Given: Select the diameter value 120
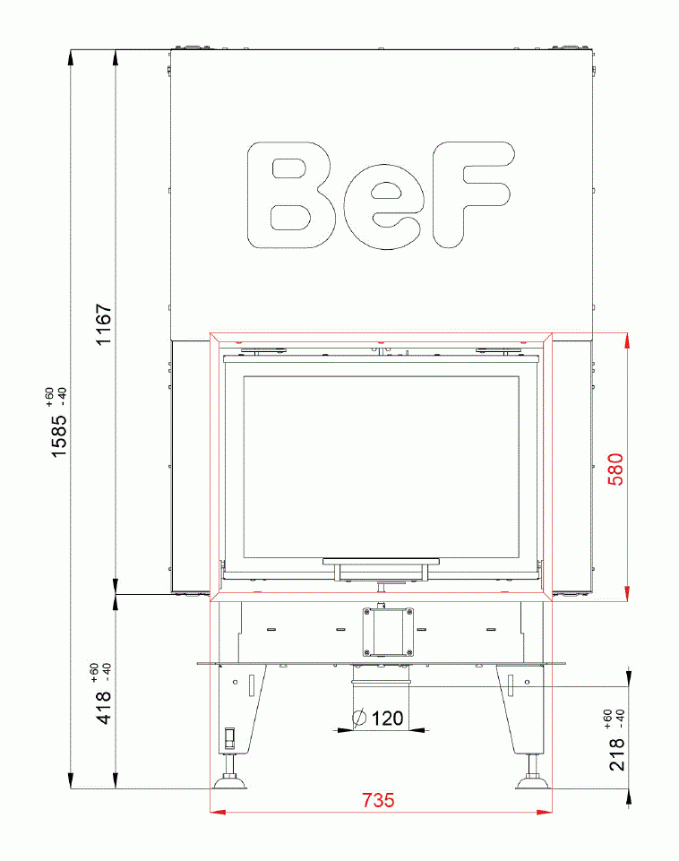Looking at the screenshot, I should (387, 718).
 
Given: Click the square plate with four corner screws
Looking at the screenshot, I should (387, 631).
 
